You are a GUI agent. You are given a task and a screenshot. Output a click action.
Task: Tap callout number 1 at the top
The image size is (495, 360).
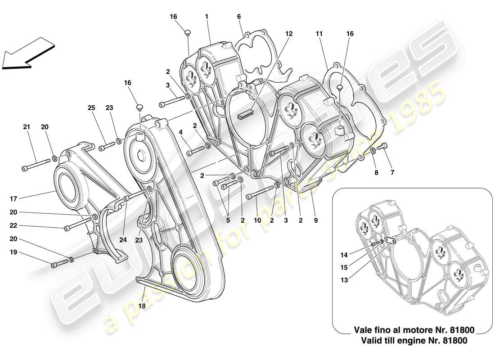click(x=206, y=17)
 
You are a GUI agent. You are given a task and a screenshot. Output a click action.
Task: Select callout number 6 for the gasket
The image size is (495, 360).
click(x=239, y=17)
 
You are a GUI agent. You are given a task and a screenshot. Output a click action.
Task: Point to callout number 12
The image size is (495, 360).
click(x=289, y=33)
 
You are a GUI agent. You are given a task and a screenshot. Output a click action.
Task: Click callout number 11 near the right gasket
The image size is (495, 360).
click(x=319, y=33)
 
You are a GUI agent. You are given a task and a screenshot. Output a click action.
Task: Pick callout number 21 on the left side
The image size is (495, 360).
click(x=27, y=127)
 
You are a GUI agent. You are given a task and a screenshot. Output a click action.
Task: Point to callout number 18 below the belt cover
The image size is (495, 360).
click(x=143, y=306)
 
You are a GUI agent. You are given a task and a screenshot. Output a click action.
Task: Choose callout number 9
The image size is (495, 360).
click(x=315, y=220)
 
